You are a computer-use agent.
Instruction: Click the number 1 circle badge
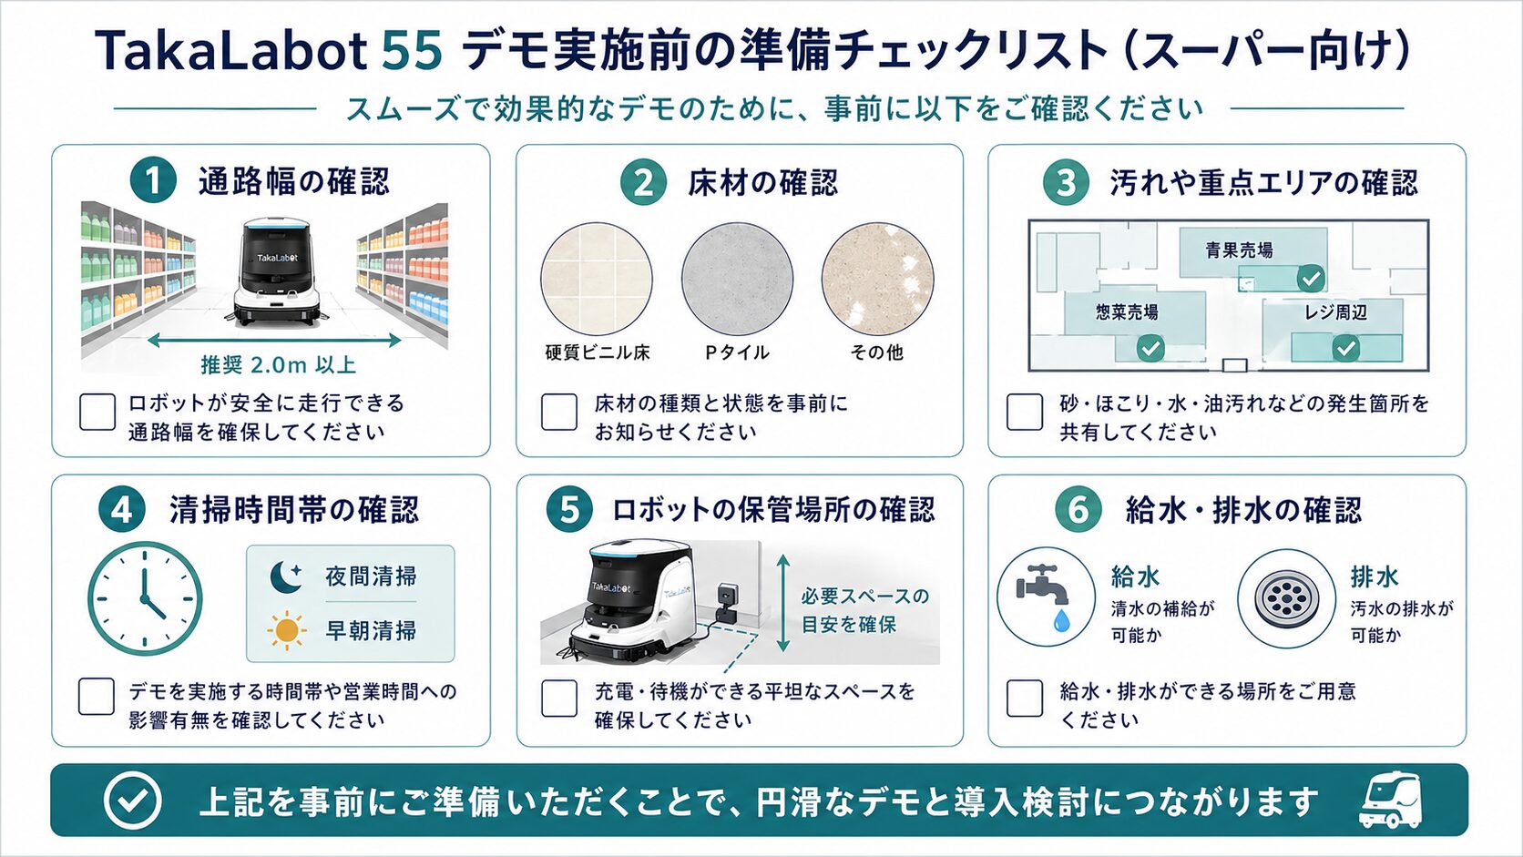pos(153,180)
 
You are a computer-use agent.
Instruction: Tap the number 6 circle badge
pos(1078,509)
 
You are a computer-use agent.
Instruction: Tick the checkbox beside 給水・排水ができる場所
pos(1024,698)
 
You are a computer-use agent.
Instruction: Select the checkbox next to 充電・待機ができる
pos(559,699)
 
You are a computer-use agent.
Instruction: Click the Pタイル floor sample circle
pos(737,279)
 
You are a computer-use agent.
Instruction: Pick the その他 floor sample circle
pos(877,280)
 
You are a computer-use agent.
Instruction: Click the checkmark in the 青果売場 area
pos(1310,278)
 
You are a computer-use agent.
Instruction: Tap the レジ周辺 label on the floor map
pos(1335,312)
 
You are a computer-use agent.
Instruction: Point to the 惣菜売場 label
pos(1127,312)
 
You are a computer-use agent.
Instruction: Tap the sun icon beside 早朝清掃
pos(286,631)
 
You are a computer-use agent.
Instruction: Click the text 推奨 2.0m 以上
pos(278,365)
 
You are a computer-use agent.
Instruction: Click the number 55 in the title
pos(412,51)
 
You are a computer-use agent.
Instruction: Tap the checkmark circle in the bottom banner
pos(133,801)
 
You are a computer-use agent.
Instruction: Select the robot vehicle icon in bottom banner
pos(1390,800)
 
